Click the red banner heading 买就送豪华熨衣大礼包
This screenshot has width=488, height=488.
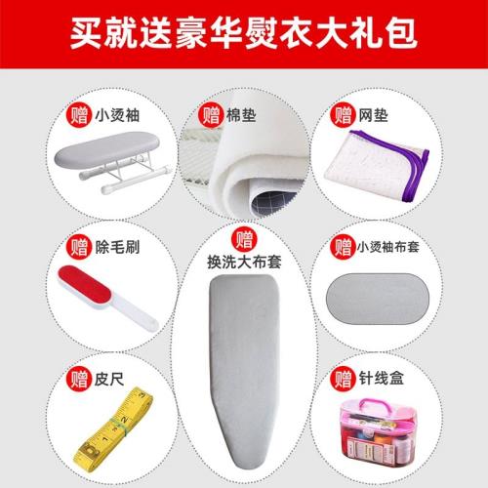coord(244,32)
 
